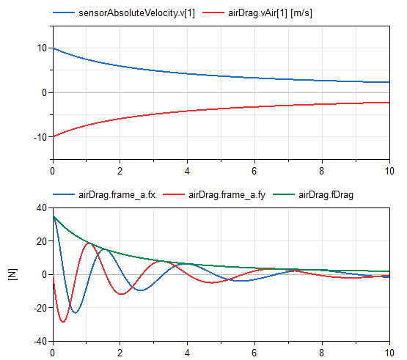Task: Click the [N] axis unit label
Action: [12, 274]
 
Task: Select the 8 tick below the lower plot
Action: [322, 352]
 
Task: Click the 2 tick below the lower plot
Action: [120, 352]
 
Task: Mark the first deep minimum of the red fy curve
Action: [63, 322]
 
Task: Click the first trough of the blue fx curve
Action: [75, 313]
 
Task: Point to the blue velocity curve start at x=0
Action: [53, 48]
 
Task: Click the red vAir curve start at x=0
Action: [53, 137]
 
